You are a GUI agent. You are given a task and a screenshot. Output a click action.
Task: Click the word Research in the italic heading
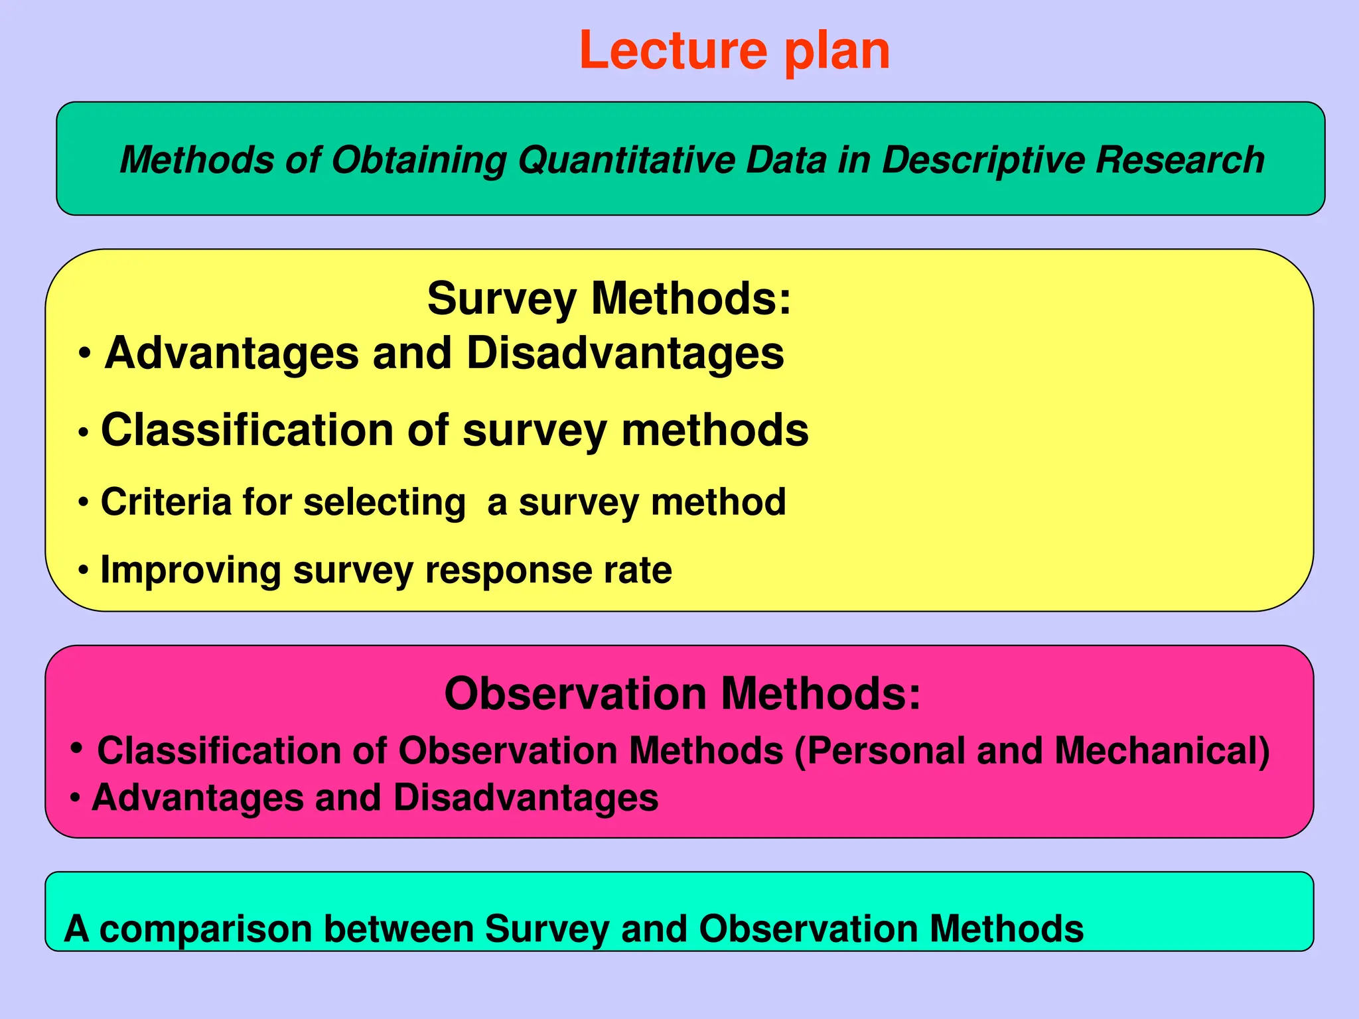click(1180, 160)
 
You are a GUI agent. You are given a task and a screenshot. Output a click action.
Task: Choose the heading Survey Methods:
click(609, 299)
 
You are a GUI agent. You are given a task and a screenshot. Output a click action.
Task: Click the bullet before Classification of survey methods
click(84, 433)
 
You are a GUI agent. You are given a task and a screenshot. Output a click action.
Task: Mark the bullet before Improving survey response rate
click(83, 570)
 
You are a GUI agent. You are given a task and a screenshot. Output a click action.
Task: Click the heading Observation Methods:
click(682, 694)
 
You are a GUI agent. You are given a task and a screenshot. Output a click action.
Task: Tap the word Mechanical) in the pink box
click(1162, 751)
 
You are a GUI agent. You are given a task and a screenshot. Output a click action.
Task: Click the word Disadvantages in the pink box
click(526, 797)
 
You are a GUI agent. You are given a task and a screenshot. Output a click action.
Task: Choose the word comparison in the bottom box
click(206, 929)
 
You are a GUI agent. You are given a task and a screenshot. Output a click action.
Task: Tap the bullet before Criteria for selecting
click(83, 502)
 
